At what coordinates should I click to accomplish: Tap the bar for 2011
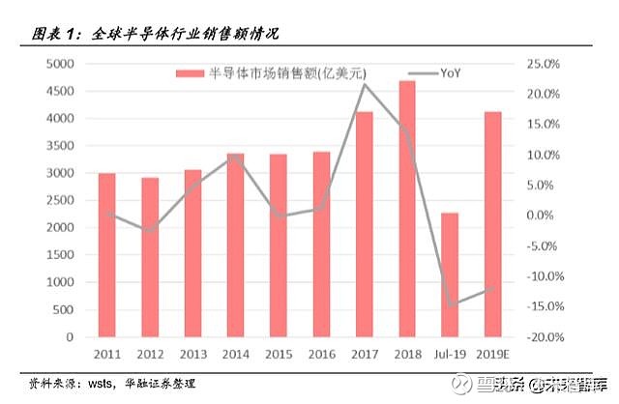pos(106,256)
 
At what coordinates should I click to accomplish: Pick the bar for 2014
pos(235,245)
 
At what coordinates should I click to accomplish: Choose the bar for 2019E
pos(492,225)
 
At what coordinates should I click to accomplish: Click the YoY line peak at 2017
pos(364,84)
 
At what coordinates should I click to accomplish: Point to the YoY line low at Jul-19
pos(450,305)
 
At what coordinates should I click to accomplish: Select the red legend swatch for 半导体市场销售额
pos(191,73)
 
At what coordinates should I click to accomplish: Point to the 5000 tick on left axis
pos(61,64)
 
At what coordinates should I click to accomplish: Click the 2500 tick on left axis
pos(61,201)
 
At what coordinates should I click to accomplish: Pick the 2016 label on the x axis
pos(321,355)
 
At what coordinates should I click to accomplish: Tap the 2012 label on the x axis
pos(149,355)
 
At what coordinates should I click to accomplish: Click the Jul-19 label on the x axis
pos(450,355)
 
